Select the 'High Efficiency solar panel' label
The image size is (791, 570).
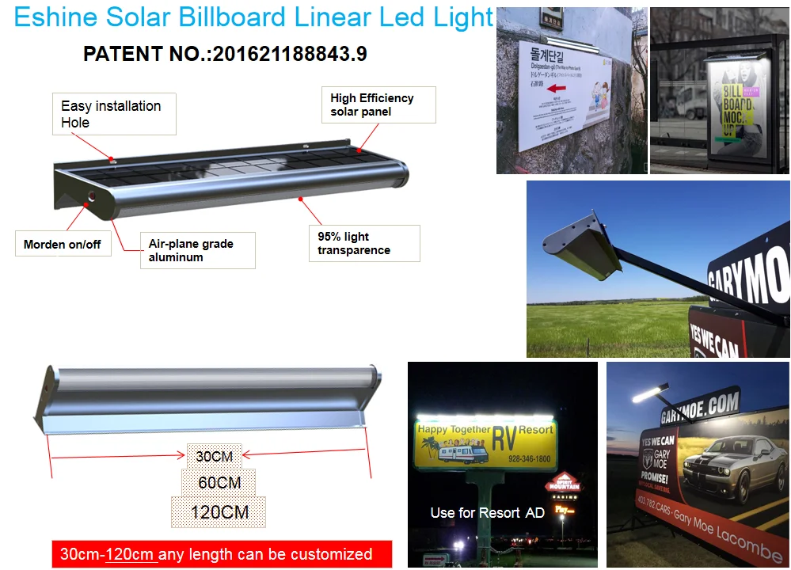(382, 104)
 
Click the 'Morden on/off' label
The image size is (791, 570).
(63, 244)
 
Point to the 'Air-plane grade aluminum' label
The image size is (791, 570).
(197, 250)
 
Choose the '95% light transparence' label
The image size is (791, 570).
(363, 243)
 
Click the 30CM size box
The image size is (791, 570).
(215, 455)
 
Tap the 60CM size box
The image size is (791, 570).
(219, 482)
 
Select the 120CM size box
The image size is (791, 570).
(219, 511)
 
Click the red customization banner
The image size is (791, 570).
(222, 553)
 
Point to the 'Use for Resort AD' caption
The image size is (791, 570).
(487, 512)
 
